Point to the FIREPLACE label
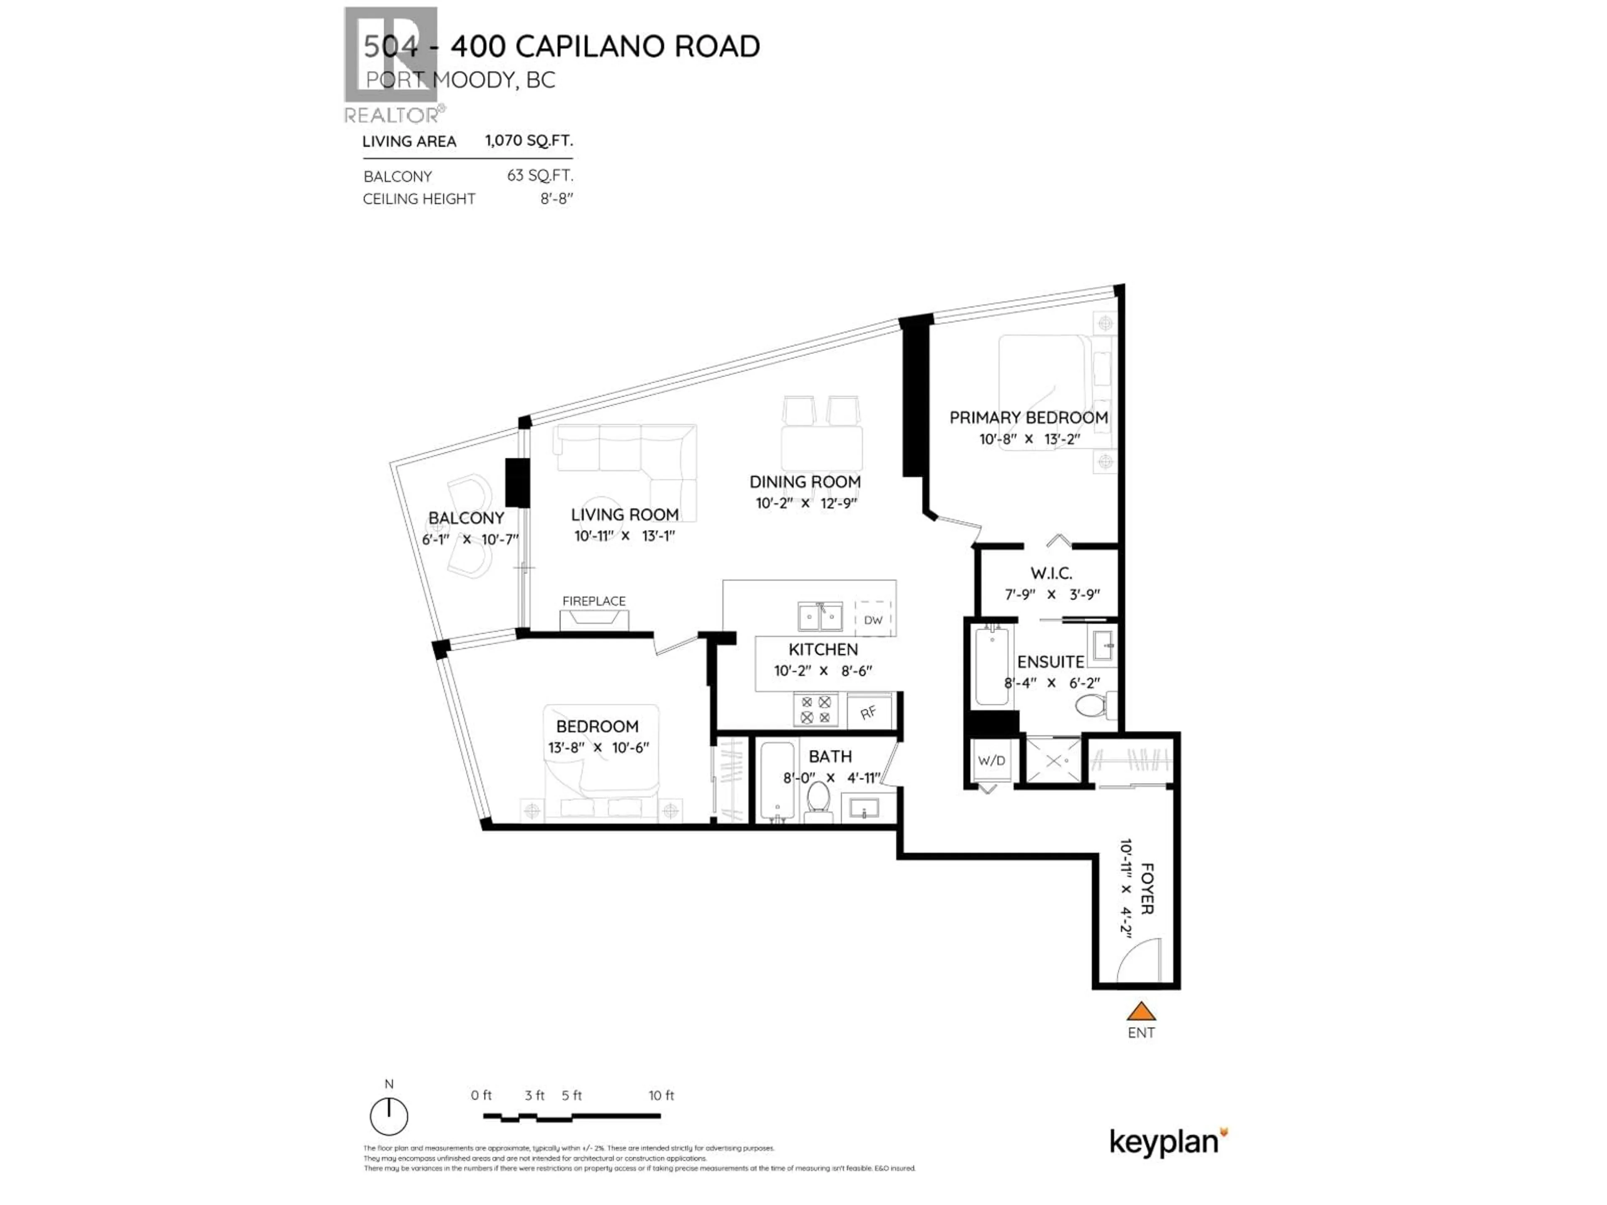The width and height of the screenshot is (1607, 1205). [x=593, y=601]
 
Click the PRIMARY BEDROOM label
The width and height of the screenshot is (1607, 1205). [x=1029, y=418]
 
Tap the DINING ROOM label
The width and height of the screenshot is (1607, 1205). [x=805, y=482]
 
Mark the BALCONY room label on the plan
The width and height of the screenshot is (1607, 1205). [x=466, y=518]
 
